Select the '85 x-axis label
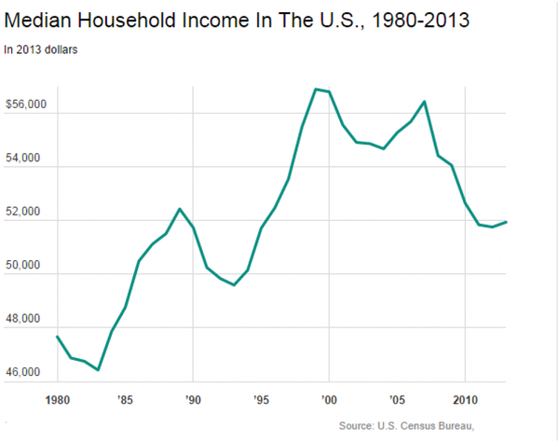pyautogui.click(x=125, y=401)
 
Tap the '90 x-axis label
pyautogui.click(x=192, y=401)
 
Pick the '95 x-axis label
pyautogui.click(x=260, y=401)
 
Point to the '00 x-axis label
pyautogui.click(x=329, y=401)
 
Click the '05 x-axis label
pyautogui.click(x=397, y=401)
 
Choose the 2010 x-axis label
pyautogui.click(x=464, y=401)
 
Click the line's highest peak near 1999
pyautogui.click(x=316, y=89)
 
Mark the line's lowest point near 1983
pyautogui.click(x=98, y=370)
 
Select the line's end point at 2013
pyautogui.click(x=506, y=221)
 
